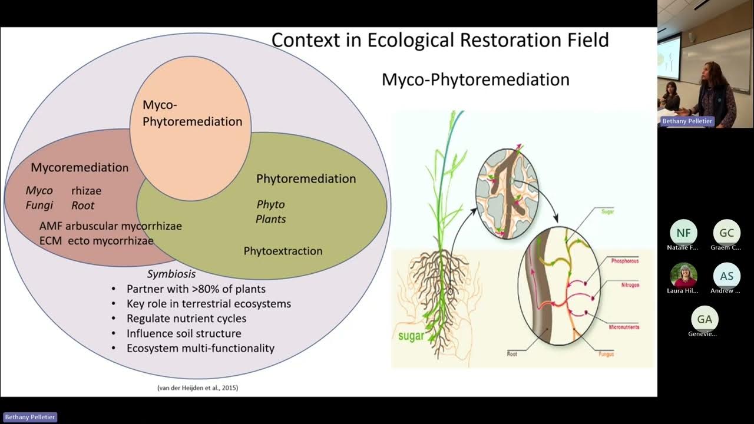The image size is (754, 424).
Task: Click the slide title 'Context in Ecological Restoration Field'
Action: pos(439,40)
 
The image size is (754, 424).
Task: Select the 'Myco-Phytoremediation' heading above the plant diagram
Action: pos(475,79)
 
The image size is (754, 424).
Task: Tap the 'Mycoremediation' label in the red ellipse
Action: pos(80,167)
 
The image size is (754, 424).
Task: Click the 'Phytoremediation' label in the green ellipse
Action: pos(306,178)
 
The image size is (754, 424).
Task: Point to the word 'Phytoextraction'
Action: pos(283,251)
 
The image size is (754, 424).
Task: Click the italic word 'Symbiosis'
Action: pos(171,274)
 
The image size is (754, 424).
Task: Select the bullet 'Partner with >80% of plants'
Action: pos(196,289)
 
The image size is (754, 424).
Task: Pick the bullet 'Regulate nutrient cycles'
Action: pos(186,319)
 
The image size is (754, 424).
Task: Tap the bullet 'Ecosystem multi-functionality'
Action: pos(200,348)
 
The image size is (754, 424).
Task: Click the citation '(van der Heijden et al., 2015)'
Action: pos(197,387)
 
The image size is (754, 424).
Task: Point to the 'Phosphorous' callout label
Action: pos(624,260)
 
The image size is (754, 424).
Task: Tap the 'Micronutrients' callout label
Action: pos(624,327)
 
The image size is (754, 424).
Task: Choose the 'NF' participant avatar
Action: pos(683,233)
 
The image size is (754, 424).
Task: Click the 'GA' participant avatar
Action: pos(705,319)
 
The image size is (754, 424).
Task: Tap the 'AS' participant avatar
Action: pos(727,276)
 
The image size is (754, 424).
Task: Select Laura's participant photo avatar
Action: pos(683,275)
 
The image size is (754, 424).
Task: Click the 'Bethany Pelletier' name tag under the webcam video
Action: pos(686,121)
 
